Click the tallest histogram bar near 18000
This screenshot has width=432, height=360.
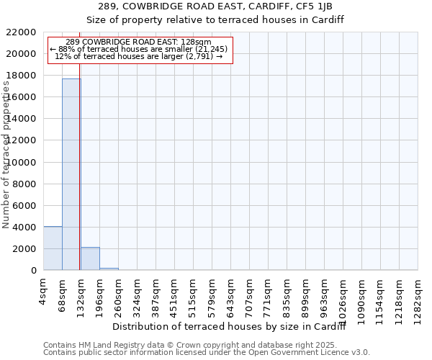point(71,174)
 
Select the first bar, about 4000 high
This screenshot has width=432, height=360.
point(53,248)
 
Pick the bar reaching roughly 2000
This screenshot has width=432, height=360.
point(90,258)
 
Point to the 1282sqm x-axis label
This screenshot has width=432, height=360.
point(418,294)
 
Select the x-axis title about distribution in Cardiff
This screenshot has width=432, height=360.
point(230,328)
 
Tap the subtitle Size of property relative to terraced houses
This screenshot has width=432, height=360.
point(215,20)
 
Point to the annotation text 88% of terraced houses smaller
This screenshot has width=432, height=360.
point(140,49)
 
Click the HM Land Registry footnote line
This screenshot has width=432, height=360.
point(206,345)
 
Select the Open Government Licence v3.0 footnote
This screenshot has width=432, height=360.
point(206,352)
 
